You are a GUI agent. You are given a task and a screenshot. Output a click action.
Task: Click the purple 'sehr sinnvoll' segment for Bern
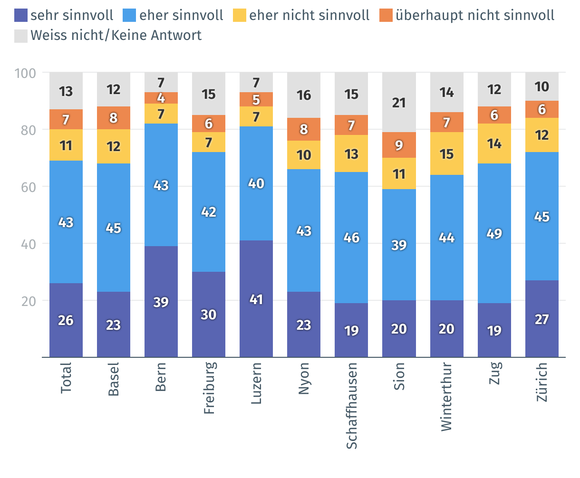161,301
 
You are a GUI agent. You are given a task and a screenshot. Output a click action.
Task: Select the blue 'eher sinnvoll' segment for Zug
494,233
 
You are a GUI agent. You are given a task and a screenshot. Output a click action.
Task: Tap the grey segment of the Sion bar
399,102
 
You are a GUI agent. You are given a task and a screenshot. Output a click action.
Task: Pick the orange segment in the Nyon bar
304,129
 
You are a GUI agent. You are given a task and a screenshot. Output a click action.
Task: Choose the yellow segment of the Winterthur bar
446,153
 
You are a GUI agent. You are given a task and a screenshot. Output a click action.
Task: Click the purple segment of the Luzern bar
256,298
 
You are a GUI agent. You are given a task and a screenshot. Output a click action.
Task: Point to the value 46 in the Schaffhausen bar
351,238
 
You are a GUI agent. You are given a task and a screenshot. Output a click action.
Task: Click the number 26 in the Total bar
66,321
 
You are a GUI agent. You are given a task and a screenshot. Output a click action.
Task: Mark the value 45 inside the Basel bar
114,229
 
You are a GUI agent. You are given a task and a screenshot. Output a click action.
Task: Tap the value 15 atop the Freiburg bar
209,95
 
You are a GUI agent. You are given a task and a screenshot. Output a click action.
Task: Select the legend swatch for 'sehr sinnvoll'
21,15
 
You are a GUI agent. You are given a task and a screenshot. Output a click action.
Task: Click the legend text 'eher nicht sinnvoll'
309,15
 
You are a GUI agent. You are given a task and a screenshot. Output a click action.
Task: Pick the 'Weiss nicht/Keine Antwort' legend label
116,36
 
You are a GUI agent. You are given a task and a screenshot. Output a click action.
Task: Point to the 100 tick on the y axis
26,73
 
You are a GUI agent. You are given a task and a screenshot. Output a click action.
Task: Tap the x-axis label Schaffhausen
352,405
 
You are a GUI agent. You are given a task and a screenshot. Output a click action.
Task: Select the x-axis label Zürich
542,382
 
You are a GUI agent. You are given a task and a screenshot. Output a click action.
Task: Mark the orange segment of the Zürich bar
542,109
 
